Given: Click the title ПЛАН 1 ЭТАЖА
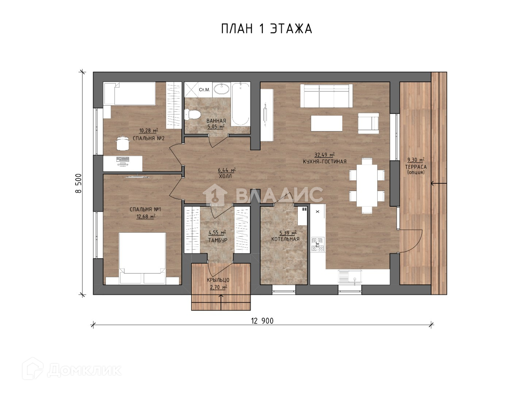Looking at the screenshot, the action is tap(266, 29).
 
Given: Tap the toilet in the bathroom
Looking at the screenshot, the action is tap(192, 115).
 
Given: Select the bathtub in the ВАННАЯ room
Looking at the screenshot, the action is tap(241, 104).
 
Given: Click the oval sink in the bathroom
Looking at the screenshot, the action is tap(222, 89).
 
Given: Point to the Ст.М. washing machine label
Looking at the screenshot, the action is tap(204, 90).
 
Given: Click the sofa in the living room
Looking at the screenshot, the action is tap(326, 96).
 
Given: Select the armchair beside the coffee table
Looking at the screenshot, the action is tap(369, 123).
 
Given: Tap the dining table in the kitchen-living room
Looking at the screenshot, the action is tap(367, 185).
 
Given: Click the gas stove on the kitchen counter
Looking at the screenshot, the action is tap(318, 244).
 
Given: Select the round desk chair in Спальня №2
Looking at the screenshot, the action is tap(123, 143).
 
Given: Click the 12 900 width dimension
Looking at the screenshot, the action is tap(262, 321).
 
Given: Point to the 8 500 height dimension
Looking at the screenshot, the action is tap(78, 183).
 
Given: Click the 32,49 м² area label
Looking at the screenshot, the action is tap(324, 154).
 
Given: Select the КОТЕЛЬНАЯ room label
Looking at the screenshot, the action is tap(285, 239).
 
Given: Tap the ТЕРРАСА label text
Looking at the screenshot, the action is tap(416, 167).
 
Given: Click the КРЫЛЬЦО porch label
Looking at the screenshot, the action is tap(218, 280).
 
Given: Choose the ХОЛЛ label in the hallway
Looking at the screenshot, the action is tap(225, 176).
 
